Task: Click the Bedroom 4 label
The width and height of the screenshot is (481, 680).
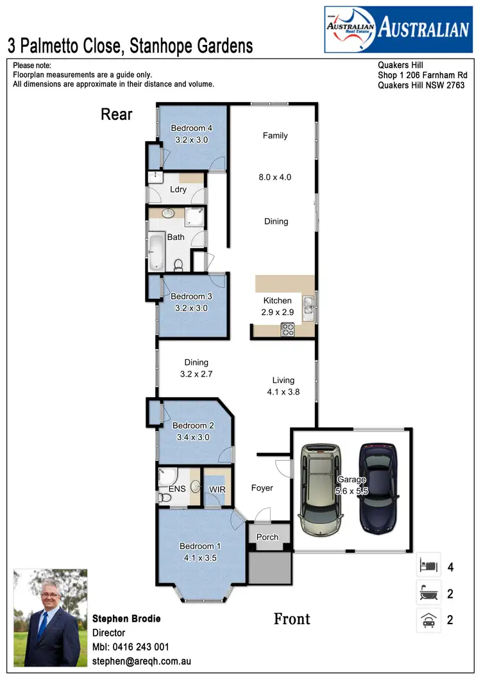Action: coord(192,128)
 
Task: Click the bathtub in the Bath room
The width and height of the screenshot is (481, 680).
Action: coord(156,252)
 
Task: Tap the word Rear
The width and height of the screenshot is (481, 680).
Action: coord(117,115)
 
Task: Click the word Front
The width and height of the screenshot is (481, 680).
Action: coord(292,619)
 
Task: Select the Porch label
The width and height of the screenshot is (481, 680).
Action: coord(268,537)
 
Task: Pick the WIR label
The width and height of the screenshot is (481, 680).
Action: coord(217,489)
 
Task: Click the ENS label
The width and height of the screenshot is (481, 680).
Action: coord(177,489)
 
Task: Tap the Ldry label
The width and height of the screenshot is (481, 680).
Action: coord(178,189)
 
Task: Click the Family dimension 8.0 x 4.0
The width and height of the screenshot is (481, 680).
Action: coord(275,177)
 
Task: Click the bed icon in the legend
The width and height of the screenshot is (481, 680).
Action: coord(428,566)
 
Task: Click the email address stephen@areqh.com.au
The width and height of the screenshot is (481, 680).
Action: coord(142,661)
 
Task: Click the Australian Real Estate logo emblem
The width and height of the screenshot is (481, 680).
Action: coord(350,30)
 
